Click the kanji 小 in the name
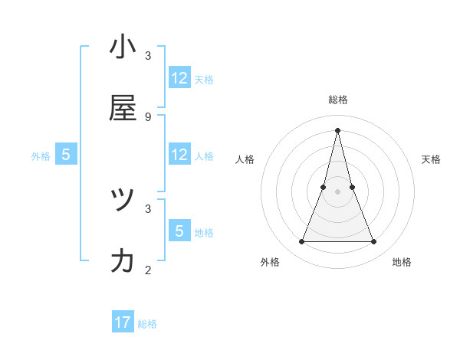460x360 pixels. [123, 47]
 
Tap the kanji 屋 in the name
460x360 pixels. [123, 108]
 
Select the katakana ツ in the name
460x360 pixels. [123, 200]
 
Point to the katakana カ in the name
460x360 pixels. [123, 261]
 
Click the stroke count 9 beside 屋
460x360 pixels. [148, 116]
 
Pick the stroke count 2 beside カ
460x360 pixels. [148, 270]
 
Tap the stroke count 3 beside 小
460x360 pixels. [148, 56]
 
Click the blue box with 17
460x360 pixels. [123, 322]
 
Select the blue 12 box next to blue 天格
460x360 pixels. [179, 78]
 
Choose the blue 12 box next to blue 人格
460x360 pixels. [179, 155]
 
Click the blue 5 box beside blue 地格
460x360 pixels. [179, 231]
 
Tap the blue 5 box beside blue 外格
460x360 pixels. [66, 155]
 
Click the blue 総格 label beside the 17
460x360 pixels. [147, 324]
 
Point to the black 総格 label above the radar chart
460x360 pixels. [337, 100]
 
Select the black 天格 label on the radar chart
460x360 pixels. [431, 159]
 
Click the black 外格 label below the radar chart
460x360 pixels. [270, 263]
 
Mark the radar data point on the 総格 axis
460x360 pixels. [337, 130]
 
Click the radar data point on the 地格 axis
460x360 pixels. [373, 242]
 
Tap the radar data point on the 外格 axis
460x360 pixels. [301, 242]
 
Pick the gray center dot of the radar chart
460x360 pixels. [337, 191]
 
